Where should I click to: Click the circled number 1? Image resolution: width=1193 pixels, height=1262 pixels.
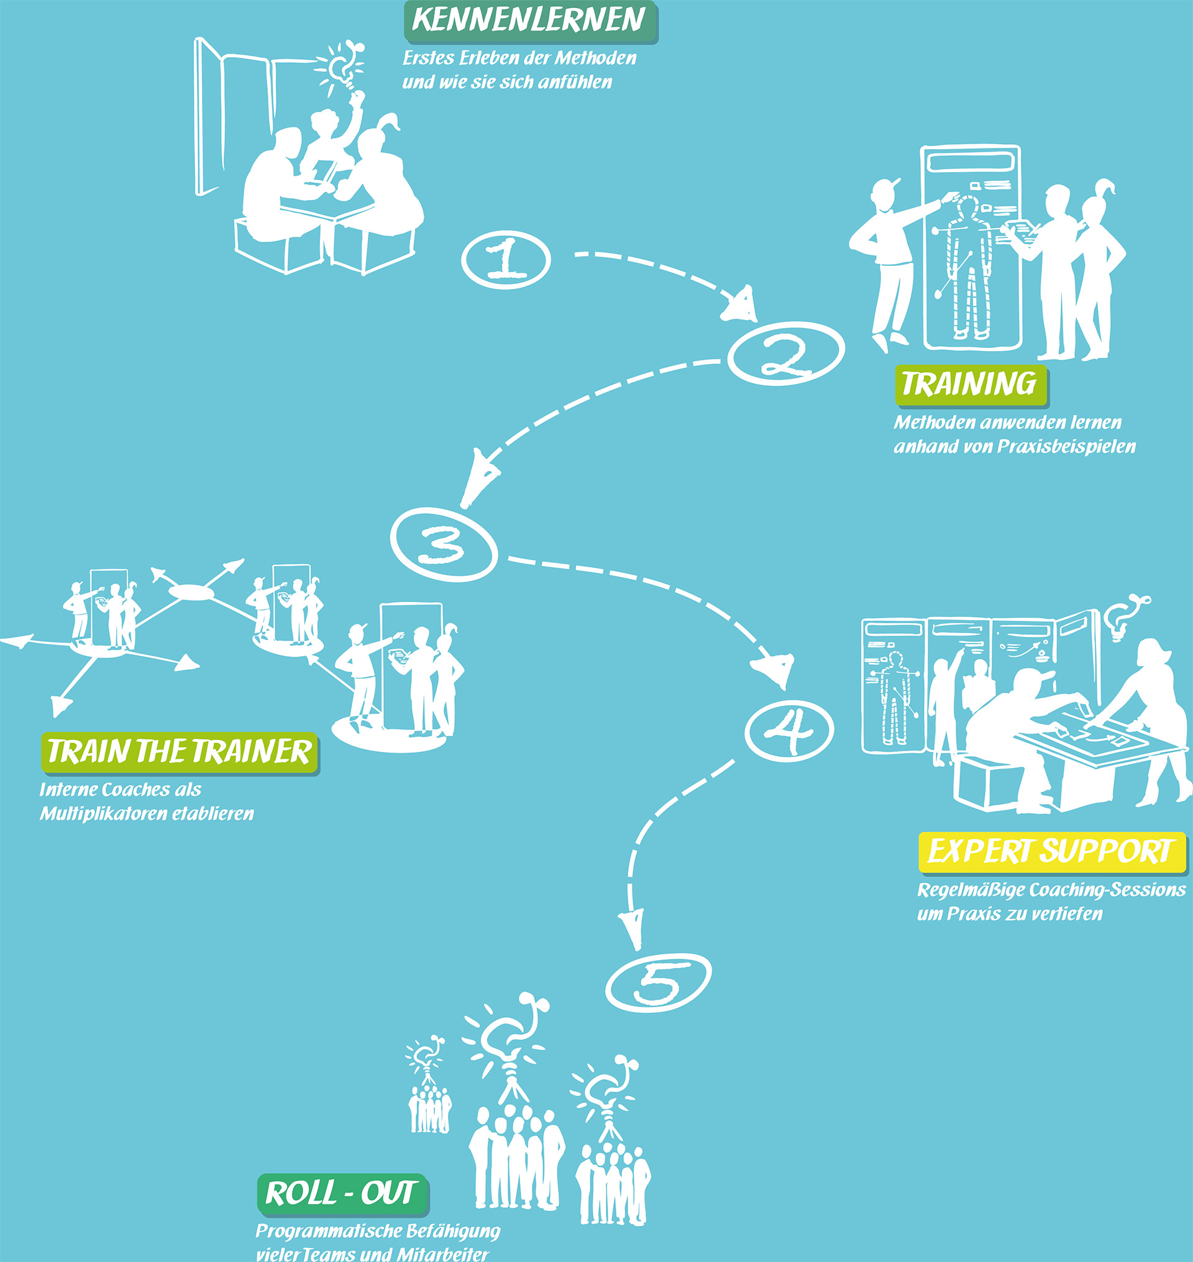[x=506, y=260]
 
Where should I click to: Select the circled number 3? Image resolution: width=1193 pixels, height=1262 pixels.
[x=443, y=544]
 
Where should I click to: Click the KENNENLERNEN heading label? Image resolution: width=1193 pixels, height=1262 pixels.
[x=531, y=22]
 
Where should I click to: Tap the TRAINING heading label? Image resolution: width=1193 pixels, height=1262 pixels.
[x=971, y=385]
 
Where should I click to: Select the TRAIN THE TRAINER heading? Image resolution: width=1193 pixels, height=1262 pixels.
[x=180, y=753]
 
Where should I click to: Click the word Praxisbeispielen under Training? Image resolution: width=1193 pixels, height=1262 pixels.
[x=1066, y=447]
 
